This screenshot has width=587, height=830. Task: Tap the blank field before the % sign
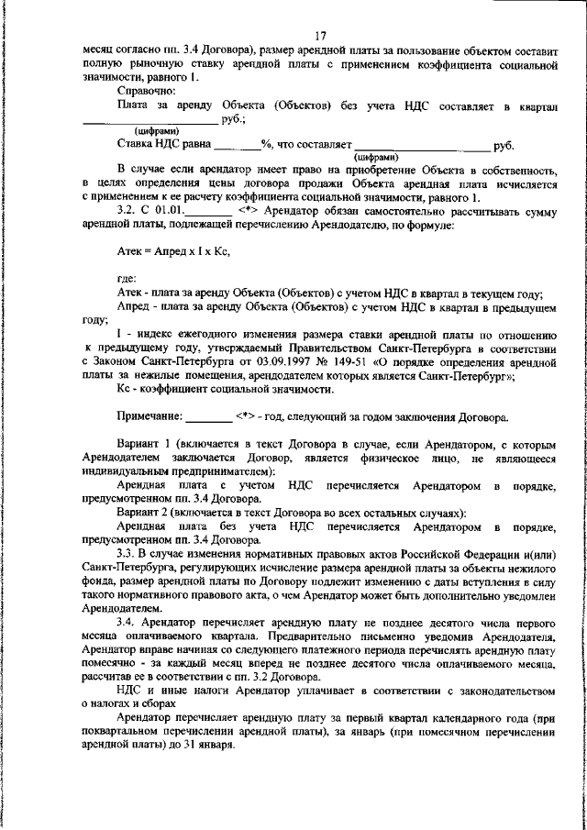238,146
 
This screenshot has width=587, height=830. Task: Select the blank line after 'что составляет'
421,146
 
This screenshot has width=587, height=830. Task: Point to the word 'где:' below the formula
127,278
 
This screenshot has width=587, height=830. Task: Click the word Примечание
153,417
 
